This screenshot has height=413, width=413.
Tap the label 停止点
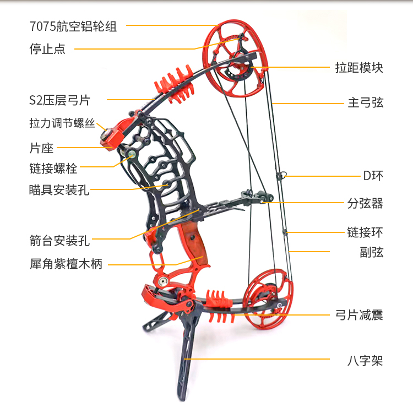tap(47, 48)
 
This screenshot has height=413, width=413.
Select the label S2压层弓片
tap(59, 100)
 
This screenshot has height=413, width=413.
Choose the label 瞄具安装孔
tap(59, 189)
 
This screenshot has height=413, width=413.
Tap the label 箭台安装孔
tap(59, 240)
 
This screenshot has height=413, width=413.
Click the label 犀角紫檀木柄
tap(66, 264)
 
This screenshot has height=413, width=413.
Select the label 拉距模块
tap(359, 68)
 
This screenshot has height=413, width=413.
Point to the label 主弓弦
tap(365, 102)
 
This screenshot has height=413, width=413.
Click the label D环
tap(373, 176)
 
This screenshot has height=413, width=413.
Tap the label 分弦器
tap(365, 203)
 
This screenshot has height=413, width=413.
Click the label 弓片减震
tap(359, 315)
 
